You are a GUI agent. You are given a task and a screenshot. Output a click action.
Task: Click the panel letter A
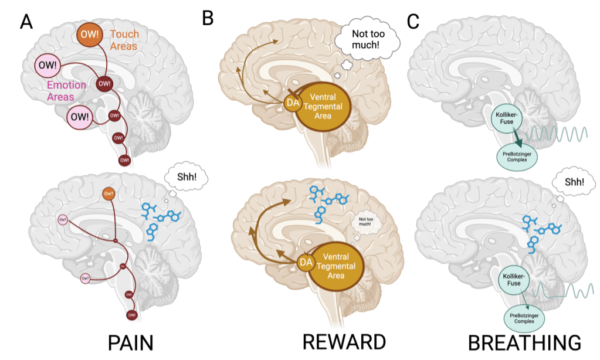26,22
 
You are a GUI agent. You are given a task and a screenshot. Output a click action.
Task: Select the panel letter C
413,21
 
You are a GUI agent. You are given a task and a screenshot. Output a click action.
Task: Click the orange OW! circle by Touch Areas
90,33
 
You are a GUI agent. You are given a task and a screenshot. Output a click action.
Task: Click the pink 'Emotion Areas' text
66,90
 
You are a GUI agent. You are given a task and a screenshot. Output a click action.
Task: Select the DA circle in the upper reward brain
291,103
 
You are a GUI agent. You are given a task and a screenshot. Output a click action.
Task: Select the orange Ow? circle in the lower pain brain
109,193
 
